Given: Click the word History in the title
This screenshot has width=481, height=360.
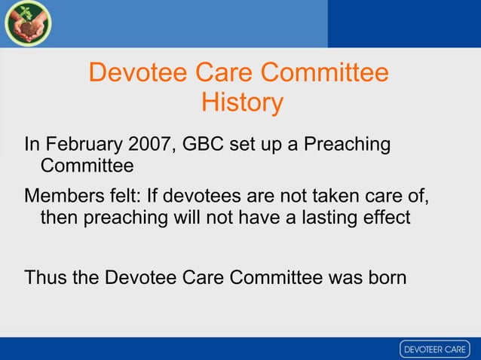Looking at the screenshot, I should (242, 102).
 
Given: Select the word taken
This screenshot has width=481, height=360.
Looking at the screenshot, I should (329, 197).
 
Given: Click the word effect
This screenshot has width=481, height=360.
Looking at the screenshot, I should (385, 218).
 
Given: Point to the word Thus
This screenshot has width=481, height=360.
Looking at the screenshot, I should (45, 277).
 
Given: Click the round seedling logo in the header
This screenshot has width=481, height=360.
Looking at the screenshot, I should (27, 24).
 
